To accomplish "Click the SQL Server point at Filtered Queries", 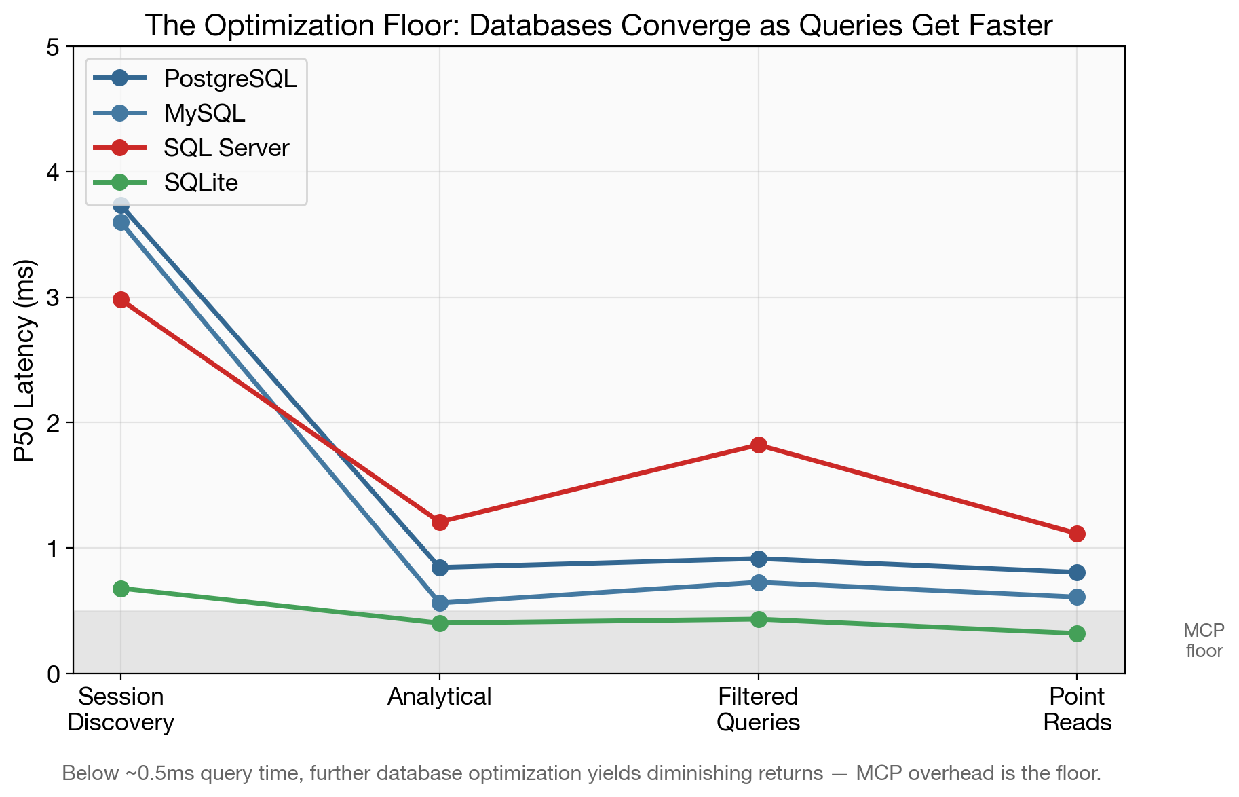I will click(x=759, y=445).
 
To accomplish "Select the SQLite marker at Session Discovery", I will click(x=121, y=589).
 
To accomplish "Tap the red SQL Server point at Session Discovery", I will click(x=121, y=300).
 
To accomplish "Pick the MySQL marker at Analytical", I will click(x=440, y=603).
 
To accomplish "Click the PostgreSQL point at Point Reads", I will click(x=1077, y=573).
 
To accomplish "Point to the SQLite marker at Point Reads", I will click(x=1077, y=634).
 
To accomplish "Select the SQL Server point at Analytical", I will click(x=440, y=523).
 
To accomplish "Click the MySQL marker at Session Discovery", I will click(x=121, y=223).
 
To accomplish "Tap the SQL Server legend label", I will click(x=227, y=148).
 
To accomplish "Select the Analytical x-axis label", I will click(x=440, y=697).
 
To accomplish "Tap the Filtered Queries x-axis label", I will click(x=759, y=709).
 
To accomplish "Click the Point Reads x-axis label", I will click(x=1077, y=709).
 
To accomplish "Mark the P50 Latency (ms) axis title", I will click(x=24, y=360).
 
